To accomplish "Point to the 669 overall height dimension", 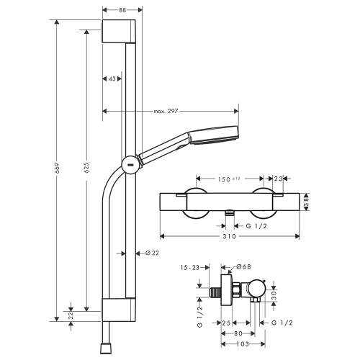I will click(56, 173).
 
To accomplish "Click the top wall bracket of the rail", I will click(119, 33).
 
